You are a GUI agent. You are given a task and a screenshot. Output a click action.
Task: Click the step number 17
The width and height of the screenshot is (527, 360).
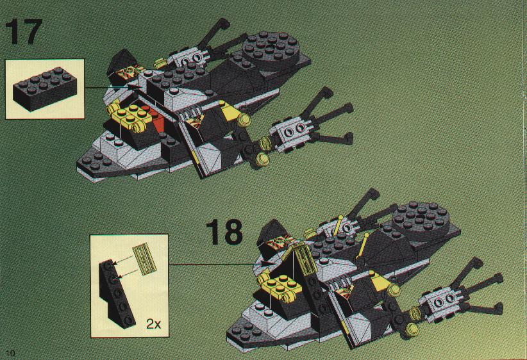coord(24,33)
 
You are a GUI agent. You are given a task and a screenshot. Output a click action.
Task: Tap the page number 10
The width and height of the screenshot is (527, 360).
coord(8,353)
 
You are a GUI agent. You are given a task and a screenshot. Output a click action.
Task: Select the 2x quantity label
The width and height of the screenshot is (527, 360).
coord(153,324)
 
